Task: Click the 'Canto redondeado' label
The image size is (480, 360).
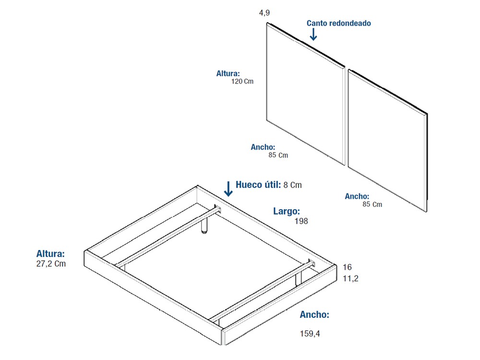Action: pyautogui.click(x=338, y=23)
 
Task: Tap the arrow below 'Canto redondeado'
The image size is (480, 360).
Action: pyautogui.click(x=313, y=34)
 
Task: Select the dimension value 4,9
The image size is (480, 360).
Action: pyautogui.click(x=264, y=13)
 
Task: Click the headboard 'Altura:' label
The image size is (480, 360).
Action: pyautogui.click(x=228, y=73)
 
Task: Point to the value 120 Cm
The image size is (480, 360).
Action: pyautogui.click(x=242, y=82)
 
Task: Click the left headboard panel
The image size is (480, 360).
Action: pyautogui.click(x=305, y=94)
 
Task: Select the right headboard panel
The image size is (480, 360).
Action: pyautogui.click(x=387, y=139)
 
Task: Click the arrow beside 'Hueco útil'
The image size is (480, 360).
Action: pyautogui.click(x=228, y=189)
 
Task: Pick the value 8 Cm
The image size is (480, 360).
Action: pyautogui.click(x=293, y=185)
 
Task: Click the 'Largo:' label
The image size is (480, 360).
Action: pyautogui.click(x=287, y=211)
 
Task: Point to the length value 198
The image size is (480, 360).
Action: pyautogui.click(x=301, y=221)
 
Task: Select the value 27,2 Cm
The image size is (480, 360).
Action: pyautogui.click(x=51, y=264)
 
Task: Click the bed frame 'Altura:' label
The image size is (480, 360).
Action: pyautogui.click(x=50, y=253)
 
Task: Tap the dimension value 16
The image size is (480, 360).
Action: pyautogui.click(x=348, y=267)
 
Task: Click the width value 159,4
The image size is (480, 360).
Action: pyautogui.click(x=310, y=333)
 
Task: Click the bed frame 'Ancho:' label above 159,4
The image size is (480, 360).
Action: pyautogui.click(x=314, y=315)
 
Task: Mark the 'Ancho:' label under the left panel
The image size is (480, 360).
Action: pyautogui.click(x=263, y=147)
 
